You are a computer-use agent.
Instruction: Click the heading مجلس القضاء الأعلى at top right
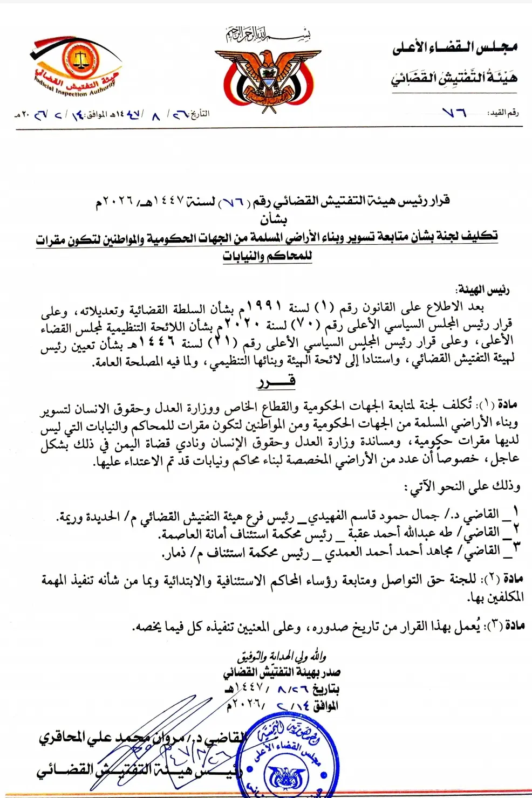455,48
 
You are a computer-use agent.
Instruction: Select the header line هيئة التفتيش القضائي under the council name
454,78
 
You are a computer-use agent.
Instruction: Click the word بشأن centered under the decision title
273,219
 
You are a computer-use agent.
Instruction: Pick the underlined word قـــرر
276,382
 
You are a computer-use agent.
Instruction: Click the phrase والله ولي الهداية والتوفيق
282,657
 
